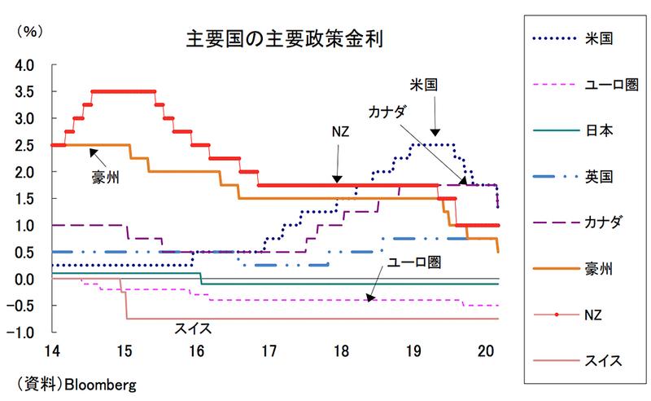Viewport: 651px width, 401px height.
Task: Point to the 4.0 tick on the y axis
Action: coord(24,65)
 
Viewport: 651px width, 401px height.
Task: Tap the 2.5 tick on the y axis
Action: coord(24,145)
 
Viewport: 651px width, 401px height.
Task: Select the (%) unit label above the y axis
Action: coord(29,32)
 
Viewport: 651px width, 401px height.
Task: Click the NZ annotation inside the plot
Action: coord(340,133)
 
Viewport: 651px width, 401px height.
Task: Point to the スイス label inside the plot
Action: coord(193,328)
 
